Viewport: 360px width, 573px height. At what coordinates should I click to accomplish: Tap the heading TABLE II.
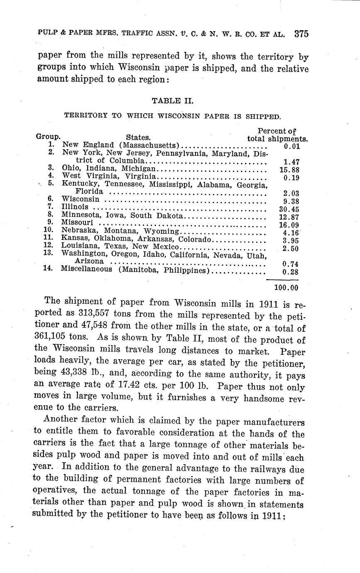click(x=172, y=100)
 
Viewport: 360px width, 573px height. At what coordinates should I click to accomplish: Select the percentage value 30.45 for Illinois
click(x=289, y=209)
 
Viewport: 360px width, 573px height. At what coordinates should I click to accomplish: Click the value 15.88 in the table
click(x=289, y=169)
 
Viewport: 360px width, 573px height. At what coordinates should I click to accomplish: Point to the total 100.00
click(x=286, y=287)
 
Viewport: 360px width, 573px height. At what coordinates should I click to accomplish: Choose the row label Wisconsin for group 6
click(x=81, y=199)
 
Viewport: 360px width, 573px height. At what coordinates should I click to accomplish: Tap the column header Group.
click(x=48, y=136)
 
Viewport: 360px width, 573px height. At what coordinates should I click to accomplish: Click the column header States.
click(x=138, y=137)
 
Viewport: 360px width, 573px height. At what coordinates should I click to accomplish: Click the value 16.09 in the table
click(x=289, y=225)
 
